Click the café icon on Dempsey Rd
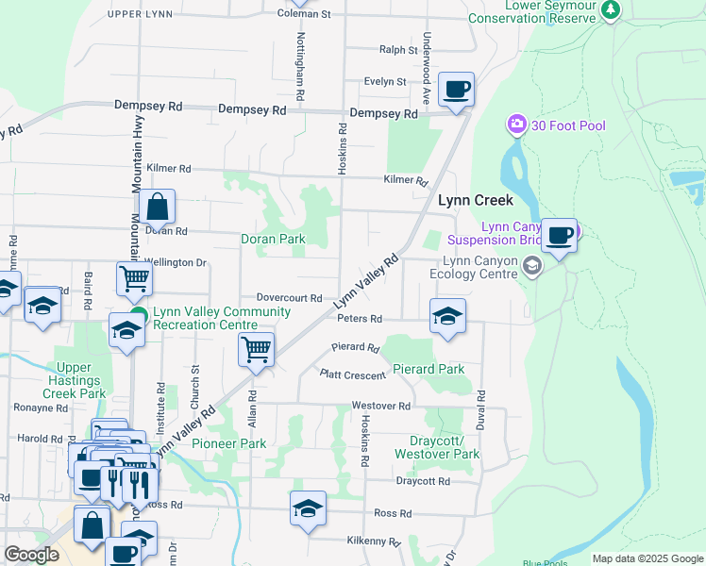456,90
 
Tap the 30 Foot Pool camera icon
516,125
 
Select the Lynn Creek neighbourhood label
475,200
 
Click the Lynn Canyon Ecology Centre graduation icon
532,266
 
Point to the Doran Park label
273,239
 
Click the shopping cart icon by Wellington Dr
134,278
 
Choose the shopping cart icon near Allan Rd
256,349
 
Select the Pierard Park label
429,369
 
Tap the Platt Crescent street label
352,375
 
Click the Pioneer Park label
228,442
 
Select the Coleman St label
304,14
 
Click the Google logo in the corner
31,555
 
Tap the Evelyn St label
385,82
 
